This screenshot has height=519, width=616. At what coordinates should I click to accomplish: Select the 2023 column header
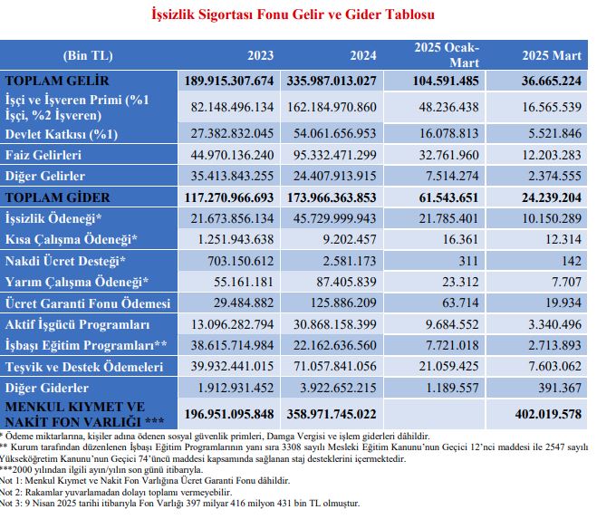pyautogui.click(x=261, y=55)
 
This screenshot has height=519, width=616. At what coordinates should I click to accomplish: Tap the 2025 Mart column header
pyautogui.click(x=552, y=55)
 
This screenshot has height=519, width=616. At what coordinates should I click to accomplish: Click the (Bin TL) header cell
pyautogui.click(x=88, y=55)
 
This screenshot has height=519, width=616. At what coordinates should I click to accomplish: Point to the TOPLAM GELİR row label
pyautogui.click(x=57, y=81)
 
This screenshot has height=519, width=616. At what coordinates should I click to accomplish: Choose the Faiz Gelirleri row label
pyautogui.click(x=43, y=155)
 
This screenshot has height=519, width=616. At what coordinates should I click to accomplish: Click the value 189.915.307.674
pyautogui.click(x=229, y=81)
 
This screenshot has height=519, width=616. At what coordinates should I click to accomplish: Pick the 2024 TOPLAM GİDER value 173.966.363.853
pyautogui.click(x=332, y=197)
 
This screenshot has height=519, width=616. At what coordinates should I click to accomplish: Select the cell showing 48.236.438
pyautogui.click(x=448, y=107)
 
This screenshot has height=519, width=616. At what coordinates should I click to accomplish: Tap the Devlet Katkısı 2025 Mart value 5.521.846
pyautogui.click(x=554, y=133)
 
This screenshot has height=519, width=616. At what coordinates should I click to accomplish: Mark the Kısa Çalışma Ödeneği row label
pyautogui.click(x=71, y=240)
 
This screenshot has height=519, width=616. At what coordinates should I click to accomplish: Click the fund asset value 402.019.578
pyautogui.click(x=548, y=414)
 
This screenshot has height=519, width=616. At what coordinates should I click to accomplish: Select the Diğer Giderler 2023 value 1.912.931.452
pyautogui.click(x=236, y=389)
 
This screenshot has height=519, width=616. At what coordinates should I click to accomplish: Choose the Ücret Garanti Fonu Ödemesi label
pyautogui.click(x=88, y=303)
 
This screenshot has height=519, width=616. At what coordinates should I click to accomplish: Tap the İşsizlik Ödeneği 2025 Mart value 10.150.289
pyautogui.click(x=552, y=218)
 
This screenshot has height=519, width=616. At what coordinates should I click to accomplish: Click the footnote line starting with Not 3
pyautogui.click(x=179, y=504)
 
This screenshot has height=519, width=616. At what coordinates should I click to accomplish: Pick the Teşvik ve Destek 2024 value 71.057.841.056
pyautogui.click(x=334, y=367)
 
